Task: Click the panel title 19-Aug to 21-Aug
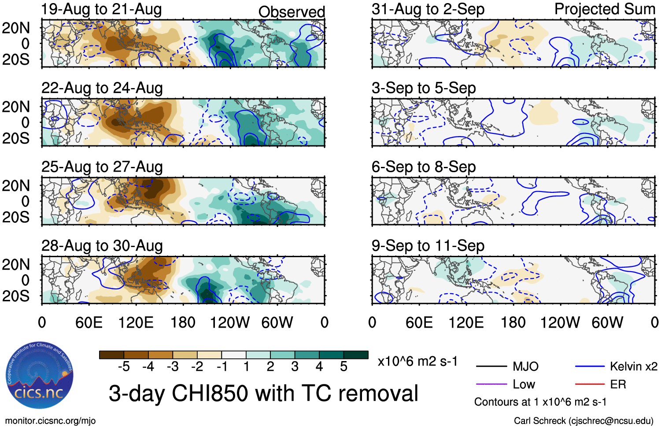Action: (x=101, y=9)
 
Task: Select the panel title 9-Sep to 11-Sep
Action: (x=428, y=246)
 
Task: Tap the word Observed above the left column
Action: (x=292, y=12)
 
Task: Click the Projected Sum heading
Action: (x=604, y=9)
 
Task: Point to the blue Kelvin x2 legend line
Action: (x=590, y=366)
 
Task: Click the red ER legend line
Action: (x=590, y=384)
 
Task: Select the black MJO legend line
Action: (x=491, y=366)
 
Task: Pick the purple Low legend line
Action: (x=491, y=384)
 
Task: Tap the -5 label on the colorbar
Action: (x=124, y=367)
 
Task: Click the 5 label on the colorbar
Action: (x=343, y=367)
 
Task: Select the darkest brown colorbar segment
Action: (x=112, y=355)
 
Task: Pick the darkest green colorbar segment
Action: (x=356, y=355)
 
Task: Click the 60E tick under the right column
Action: (x=419, y=323)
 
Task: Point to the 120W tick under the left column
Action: (x=230, y=323)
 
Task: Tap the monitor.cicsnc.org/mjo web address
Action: (x=50, y=421)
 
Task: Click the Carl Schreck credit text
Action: (x=583, y=421)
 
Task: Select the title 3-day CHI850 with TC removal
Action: (x=263, y=393)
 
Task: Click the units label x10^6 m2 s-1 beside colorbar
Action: (x=417, y=362)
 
